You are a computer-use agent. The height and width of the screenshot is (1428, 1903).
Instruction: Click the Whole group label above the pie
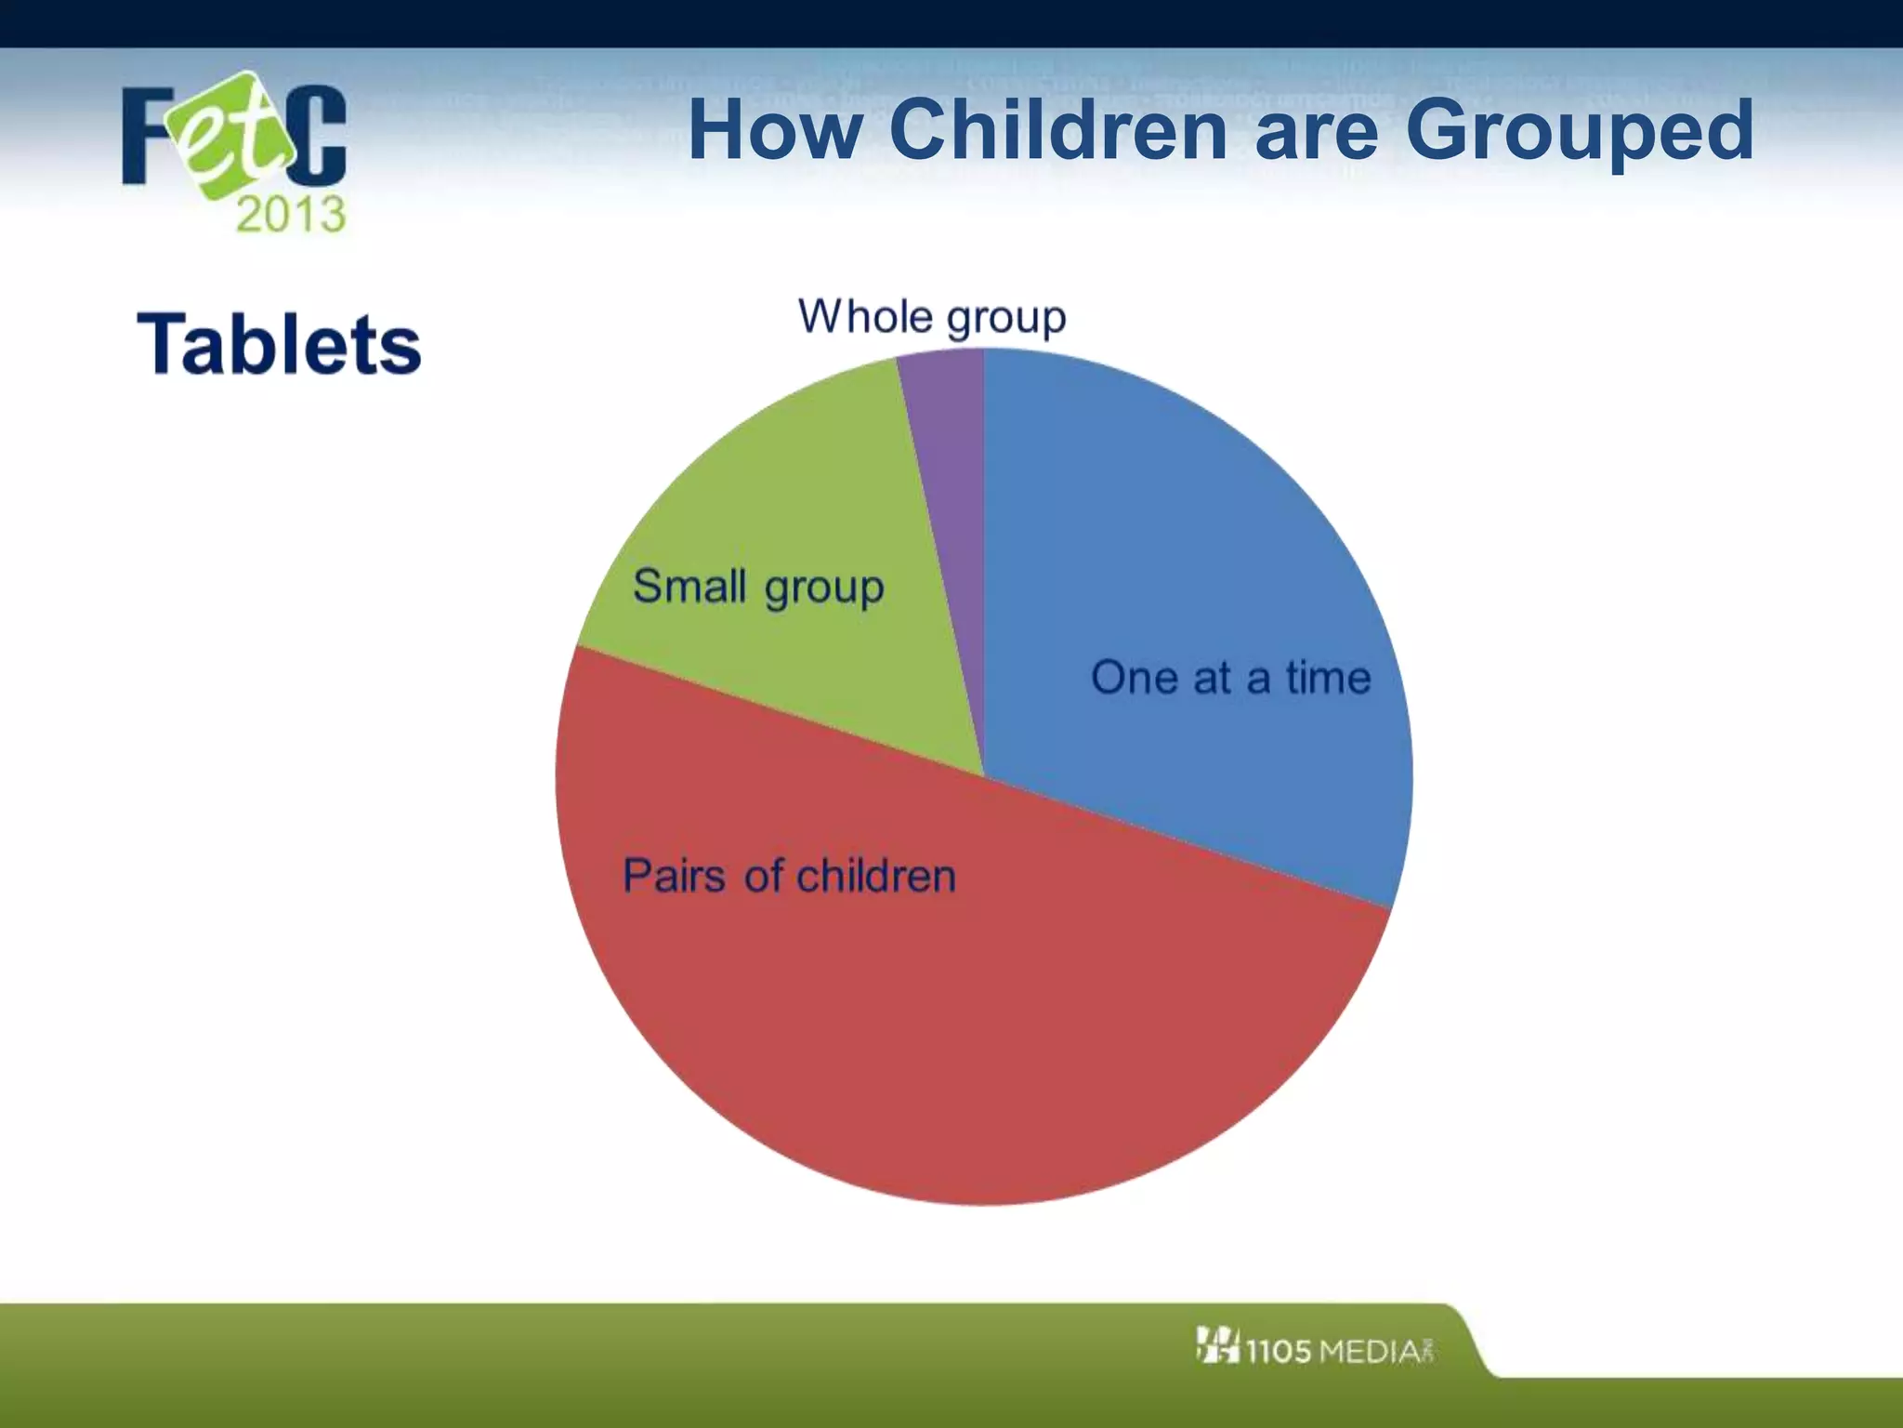[932, 318]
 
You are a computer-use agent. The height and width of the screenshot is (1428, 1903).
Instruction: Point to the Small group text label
[758, 587]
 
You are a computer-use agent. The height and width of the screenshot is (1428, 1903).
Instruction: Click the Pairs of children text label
[789, 876]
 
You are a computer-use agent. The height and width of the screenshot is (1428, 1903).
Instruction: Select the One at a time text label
[1230, 677]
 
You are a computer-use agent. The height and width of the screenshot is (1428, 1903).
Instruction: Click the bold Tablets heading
[279, 345]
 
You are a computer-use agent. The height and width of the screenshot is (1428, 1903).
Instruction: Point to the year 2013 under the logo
[291, 215]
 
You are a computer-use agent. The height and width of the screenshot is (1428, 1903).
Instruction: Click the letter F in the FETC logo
[149, 136]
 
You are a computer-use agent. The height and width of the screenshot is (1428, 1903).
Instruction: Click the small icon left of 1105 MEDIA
[1217, 1345]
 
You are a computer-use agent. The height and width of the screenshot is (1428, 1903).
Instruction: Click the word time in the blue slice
[1328, 677]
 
